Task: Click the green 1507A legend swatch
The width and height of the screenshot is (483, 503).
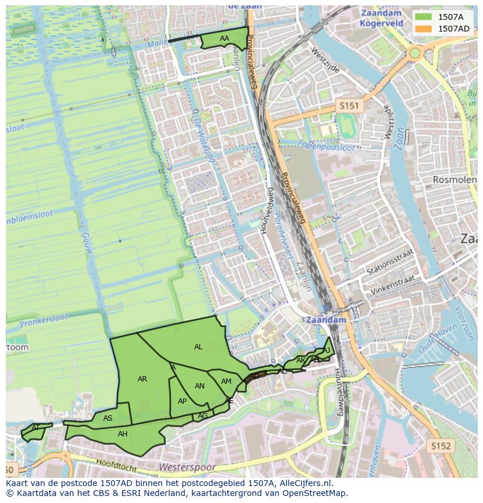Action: tap(424, 17)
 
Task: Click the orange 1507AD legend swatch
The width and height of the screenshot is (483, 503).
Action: tap(424, 28)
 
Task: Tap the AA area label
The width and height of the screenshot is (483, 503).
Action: tap(225, 39)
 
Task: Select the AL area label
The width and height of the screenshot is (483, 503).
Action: tap(198, 347)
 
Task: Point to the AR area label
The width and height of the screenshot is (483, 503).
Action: tap(142, 379)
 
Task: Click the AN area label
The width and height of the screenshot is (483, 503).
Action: tap(199, 386)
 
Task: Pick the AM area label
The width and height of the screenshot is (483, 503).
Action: tap(226, 381)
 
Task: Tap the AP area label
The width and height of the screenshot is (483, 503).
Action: tap(182, 401)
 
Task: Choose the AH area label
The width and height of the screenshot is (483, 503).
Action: tap(123, 434)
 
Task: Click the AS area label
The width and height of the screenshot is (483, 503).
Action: tap(108, 418)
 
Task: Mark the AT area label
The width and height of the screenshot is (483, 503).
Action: tap(36, 428)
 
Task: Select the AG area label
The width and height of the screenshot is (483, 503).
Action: tap(202, 416)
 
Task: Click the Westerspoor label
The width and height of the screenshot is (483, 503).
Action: tap(187, 468)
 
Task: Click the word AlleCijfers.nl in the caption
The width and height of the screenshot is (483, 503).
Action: tap(304, 483)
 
